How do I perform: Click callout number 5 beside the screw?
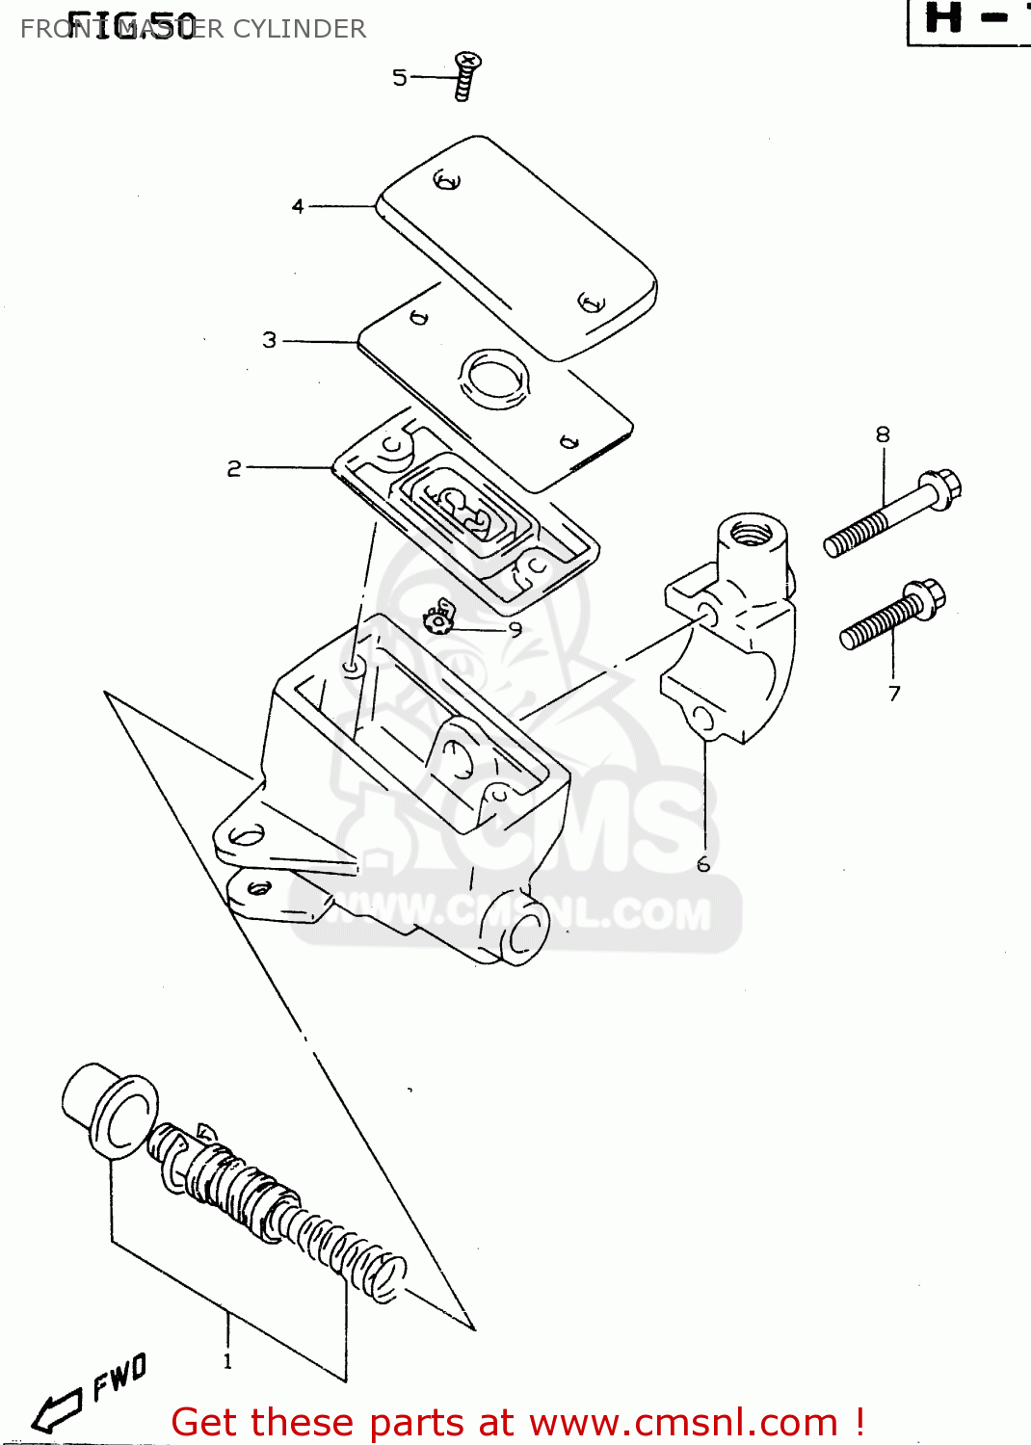point(399,77)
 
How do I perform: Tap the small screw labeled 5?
point(465,76)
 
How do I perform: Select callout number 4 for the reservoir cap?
point(298,206)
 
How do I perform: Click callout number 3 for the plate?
point(270,340)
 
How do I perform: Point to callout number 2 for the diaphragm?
point(234,468)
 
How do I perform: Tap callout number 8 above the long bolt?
point(883,434)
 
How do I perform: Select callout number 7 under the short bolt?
point(894,693)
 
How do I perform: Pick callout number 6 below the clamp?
point(703,864)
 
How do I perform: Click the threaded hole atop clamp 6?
point(752,531)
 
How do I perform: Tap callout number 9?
point(515,629)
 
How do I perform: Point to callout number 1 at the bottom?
point(227,1361)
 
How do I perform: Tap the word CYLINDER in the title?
point(300,29)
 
